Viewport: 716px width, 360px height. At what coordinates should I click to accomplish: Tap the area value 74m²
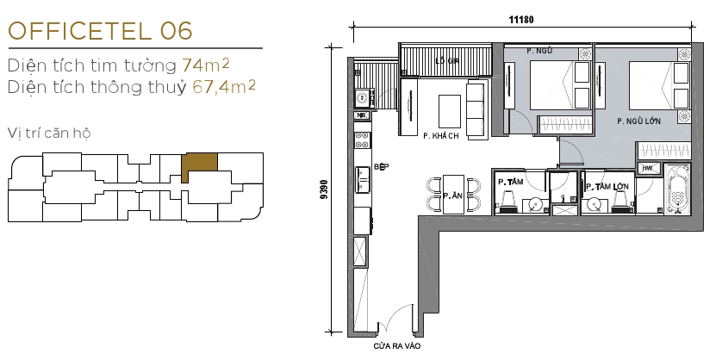pyautogui.click(x=206, y=65)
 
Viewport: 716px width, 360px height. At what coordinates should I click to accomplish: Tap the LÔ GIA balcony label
pyautogui.click(x=445, y=60)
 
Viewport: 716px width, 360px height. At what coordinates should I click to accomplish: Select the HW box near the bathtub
pyautogui.click(x=646, y=169)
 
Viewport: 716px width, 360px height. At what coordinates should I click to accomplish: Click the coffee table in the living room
pyautogui.click(x=450, y=109)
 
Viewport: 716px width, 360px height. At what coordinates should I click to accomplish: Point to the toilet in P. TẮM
pyautogui.click(x=508, y=202)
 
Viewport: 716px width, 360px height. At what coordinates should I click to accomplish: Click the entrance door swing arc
pyautogui.click(x=395, y=322)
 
